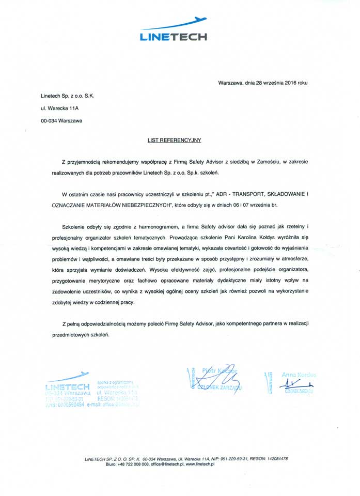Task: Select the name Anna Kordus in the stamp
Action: pyautogui.click(x=299, y=374)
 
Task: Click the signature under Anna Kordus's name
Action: pyautogui.click(x=295, y=384)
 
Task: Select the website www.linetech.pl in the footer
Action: pyautogui.click(x=199, y=464)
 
